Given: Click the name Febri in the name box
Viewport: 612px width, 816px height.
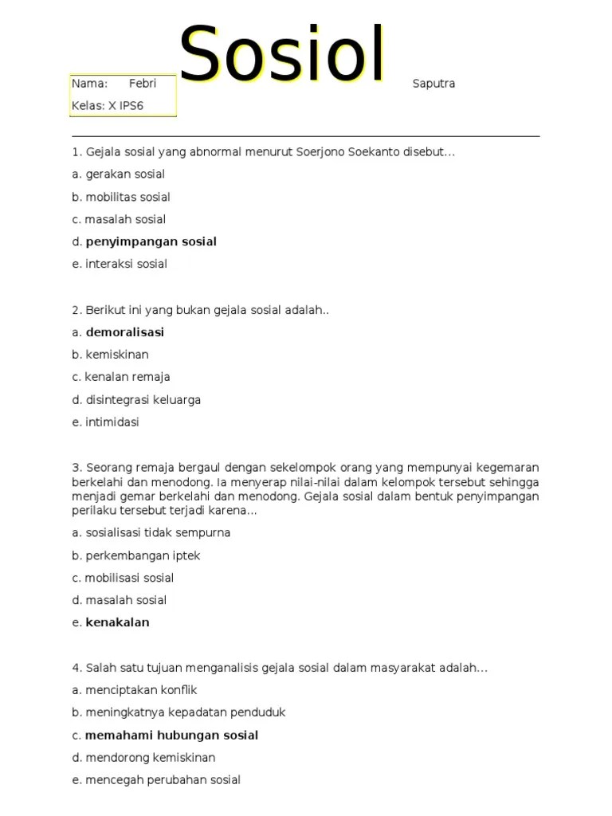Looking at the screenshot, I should point(143,84).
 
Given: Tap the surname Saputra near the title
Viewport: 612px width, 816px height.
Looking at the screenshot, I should point(433,84).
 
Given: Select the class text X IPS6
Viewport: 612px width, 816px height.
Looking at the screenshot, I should point(126,106).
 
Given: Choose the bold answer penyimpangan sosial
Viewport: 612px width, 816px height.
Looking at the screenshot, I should point(151,241).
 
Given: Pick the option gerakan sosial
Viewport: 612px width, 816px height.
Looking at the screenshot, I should point(125,174).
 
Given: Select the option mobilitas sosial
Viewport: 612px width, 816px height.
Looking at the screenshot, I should point(127,197).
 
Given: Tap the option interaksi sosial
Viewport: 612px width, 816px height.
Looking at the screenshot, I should point(126,264).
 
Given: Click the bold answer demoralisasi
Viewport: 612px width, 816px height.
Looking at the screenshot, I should point(124,332).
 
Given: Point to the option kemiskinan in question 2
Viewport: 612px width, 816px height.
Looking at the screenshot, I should point(117,355).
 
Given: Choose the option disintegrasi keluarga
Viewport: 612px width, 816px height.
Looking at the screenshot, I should point(143,400).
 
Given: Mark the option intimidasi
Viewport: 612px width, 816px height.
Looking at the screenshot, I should point(112,422).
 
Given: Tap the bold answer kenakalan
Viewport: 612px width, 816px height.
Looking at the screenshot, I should point(117,622).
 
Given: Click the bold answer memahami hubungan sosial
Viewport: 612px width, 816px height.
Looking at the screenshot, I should point(171,736).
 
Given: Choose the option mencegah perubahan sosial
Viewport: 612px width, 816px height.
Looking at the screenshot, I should point(163,780).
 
